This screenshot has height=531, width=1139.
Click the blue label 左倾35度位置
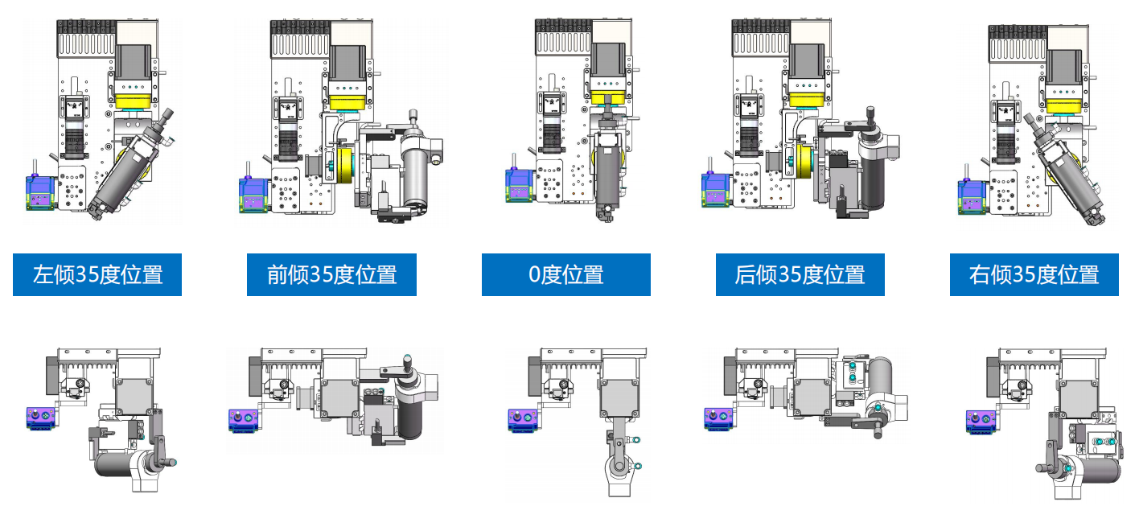(x=97, y=274)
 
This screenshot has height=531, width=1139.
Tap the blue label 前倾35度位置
(x=331, y=274)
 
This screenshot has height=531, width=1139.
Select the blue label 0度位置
(x=566, y=274)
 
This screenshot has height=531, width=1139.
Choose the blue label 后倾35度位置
(x=800, y=274)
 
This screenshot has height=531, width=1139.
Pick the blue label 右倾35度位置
(x=1034, y=274)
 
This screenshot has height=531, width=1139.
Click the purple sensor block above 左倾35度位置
(x=40, y=192)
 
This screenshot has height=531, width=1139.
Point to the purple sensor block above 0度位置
(x=519, y=185)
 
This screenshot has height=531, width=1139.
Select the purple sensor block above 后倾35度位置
(x=716, y=189)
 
